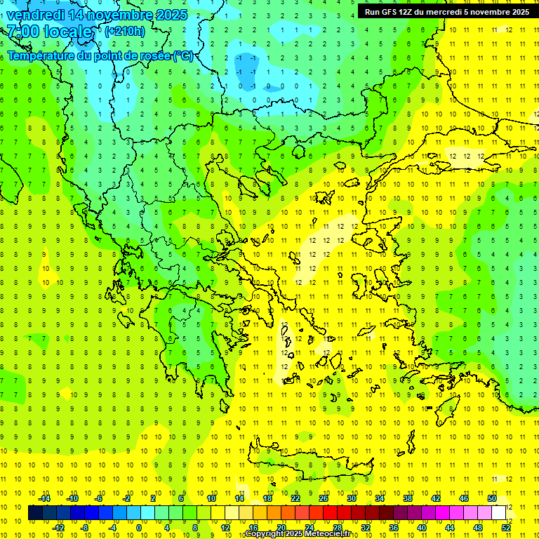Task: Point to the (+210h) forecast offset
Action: [125, 31]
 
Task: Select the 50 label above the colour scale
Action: [492, 498]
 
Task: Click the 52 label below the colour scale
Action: [506, 528]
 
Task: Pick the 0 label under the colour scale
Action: [139, 528]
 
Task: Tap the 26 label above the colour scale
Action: [324, 498]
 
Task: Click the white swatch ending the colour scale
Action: [499, 513]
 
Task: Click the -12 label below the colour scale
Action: [60, 528]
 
